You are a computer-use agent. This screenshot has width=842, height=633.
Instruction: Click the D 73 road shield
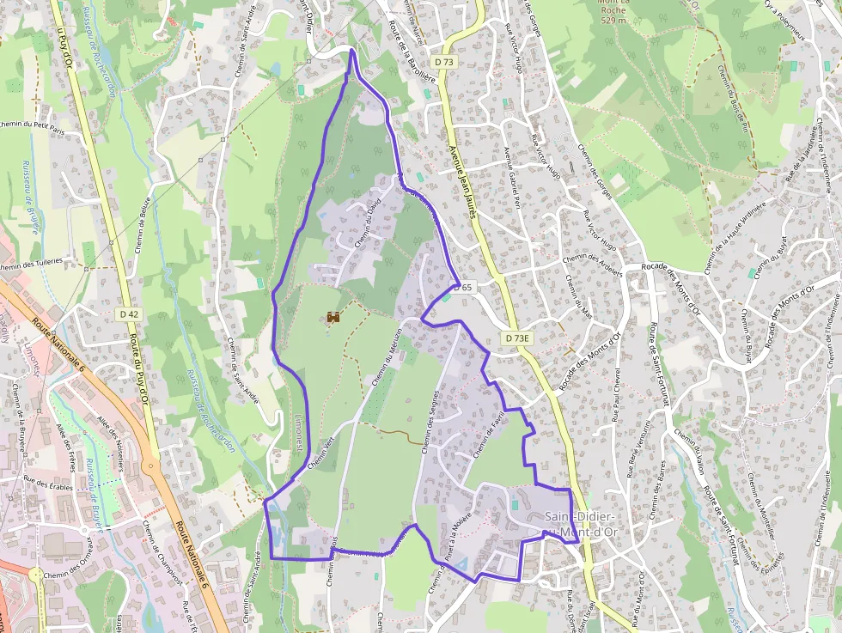(443, 62)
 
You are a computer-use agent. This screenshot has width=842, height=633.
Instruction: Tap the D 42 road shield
(129, 314)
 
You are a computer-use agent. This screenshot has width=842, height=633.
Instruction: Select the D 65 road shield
(463, 287)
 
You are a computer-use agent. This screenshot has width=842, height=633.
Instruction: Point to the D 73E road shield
(518, 338)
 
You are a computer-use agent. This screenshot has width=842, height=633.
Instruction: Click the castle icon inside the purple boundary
(333, 318)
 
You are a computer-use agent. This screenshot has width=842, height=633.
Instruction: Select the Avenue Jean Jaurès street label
(461, 180)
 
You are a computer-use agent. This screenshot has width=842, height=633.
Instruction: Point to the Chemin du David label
(367, 225)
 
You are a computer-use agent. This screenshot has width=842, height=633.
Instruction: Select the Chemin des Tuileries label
(32, 264)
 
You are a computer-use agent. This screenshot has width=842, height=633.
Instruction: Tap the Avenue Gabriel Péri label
(513, 178)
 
